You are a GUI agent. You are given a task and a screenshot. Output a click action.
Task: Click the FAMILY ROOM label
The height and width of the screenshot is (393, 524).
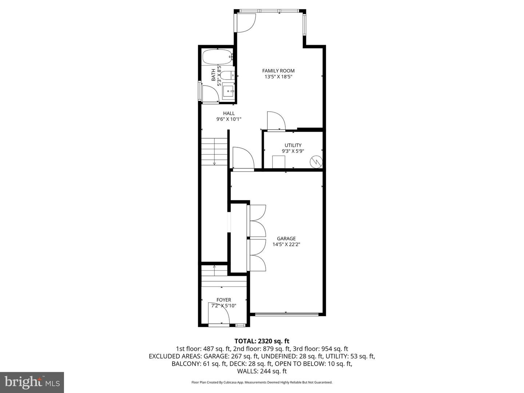click(x=278, y=71)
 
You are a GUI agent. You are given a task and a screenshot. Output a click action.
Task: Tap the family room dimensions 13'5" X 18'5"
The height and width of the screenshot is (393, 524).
click(x=278, y=77)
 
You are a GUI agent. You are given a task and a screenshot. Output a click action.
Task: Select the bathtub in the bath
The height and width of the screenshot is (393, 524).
click(x=217, y=57)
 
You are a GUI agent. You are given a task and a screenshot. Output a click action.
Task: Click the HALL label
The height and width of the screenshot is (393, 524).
click(x=229, y=113)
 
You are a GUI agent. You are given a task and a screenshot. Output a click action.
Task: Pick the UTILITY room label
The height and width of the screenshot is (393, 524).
click(x=293, y=145)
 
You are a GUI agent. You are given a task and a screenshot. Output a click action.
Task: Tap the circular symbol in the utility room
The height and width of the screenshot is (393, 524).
click(x=316, y=162)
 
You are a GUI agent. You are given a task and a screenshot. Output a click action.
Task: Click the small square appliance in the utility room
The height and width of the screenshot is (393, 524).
click(x=279, y=162)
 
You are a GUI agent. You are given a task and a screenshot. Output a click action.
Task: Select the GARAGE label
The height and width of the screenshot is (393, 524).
click(x=286, y=239)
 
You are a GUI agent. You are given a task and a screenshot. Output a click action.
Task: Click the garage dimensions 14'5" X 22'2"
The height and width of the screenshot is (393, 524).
click(x=286, y=245)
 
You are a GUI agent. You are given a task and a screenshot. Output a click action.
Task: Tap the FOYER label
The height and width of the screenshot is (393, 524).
click(x=224, y=300)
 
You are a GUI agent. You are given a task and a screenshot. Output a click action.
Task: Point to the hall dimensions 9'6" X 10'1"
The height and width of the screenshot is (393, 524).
click(x=229, y=119)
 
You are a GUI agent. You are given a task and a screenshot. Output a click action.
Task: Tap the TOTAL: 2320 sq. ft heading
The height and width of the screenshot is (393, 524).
click(x=262, y=341)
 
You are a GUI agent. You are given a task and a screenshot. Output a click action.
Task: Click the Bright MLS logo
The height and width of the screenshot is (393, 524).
click(x=32, y=382)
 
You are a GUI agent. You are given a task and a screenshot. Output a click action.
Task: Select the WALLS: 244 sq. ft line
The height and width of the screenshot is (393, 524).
click(x=262, y=371)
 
